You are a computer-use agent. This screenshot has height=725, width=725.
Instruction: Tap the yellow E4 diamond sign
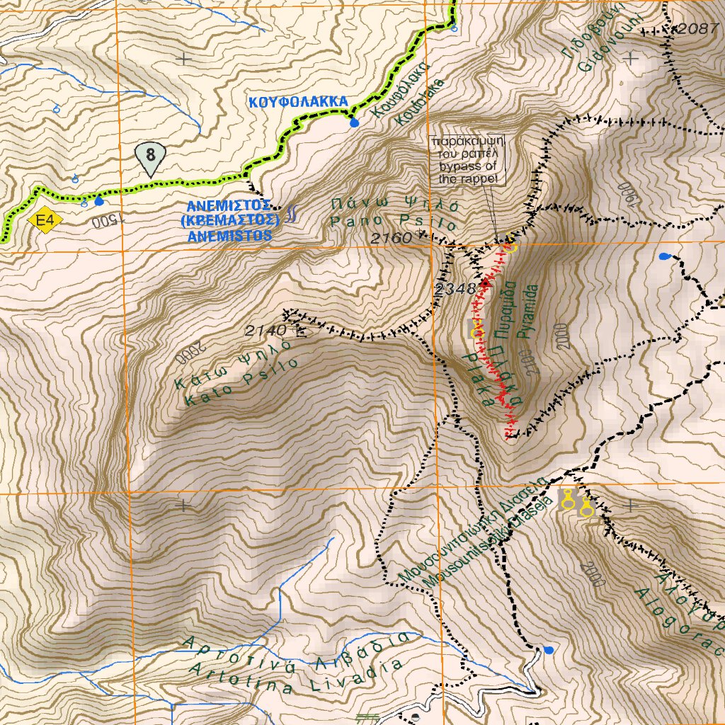click(45, 222)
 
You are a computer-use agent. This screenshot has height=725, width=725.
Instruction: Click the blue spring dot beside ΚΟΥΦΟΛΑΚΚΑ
click(354, 123)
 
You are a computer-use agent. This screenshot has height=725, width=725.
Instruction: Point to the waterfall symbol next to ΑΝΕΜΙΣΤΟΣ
click(292, 215)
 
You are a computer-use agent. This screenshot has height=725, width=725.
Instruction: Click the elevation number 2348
click(456, 289)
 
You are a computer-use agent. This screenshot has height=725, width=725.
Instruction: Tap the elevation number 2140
click(266, 330)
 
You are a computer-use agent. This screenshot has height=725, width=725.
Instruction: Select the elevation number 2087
click(697, 28)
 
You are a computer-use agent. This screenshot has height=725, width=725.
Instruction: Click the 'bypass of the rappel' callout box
click(468, 160)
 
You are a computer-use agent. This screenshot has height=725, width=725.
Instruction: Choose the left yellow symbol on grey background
click(567, 503)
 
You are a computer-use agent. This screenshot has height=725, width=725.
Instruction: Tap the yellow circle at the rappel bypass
click(510, 247)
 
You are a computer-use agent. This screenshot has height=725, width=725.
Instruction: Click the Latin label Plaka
click(478, 378)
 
